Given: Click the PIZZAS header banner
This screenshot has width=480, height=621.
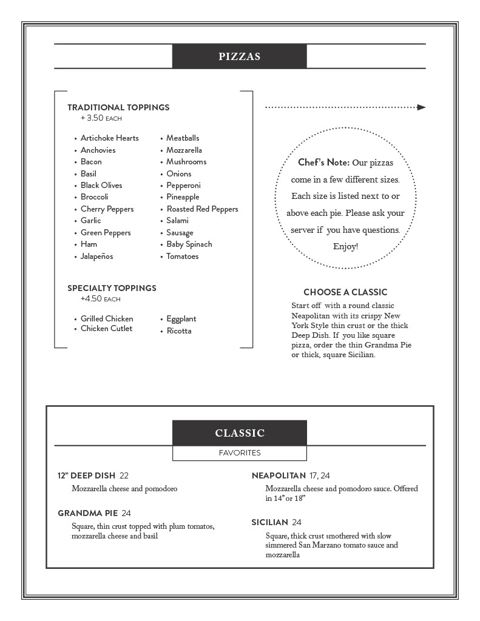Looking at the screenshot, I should pyautogui.click(x=240, y=56).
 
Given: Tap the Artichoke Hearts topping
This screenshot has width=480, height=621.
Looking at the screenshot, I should pyautogui.click(x=109, y=138).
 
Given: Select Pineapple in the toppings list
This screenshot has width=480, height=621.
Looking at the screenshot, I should pyautogui.click(x=183, y=197).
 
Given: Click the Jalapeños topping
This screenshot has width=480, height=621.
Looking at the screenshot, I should pyautogui.click(x=96, y=257).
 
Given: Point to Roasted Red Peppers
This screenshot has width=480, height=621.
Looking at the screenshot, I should pyautogui.click(x=202, y=209).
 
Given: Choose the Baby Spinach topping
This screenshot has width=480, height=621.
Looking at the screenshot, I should pyautogui.click(x=189, y=244).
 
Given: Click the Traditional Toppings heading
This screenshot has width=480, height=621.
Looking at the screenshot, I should pyautogui.click(x=118, y=107).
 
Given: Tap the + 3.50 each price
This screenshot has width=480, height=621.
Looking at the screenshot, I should pyautogui.click(x=101, y=118).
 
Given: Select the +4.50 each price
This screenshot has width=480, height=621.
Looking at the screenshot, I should pyautogui.click(x=100, y=299).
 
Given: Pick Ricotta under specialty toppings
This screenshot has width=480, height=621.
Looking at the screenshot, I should pyautogui.click(x=179, y=331).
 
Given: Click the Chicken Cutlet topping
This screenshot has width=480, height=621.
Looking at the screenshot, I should pyautogui.click(x=106, y=329).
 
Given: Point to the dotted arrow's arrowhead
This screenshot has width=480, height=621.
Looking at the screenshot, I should pyautogui.click(x=422, y=107).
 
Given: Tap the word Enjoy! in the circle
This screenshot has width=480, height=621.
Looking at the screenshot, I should pyautogui.click(x=345, y=247).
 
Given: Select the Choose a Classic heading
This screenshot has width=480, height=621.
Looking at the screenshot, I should pyautogui.click(x=345, y=292).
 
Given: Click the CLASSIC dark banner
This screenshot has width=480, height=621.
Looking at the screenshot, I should pyautogui.click(x=240, y=433).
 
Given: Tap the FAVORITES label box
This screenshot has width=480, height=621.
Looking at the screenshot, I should pyautogui.click(x=240, y=453).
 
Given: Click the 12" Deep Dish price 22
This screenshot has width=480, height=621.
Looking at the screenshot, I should pyautogui.click(x=124, y=475).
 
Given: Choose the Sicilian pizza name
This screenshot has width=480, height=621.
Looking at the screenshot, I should pyautogui.click(x=270, y=522).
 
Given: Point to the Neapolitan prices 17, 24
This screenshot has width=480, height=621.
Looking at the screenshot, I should pyautogui.click(x=319, y=475).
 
